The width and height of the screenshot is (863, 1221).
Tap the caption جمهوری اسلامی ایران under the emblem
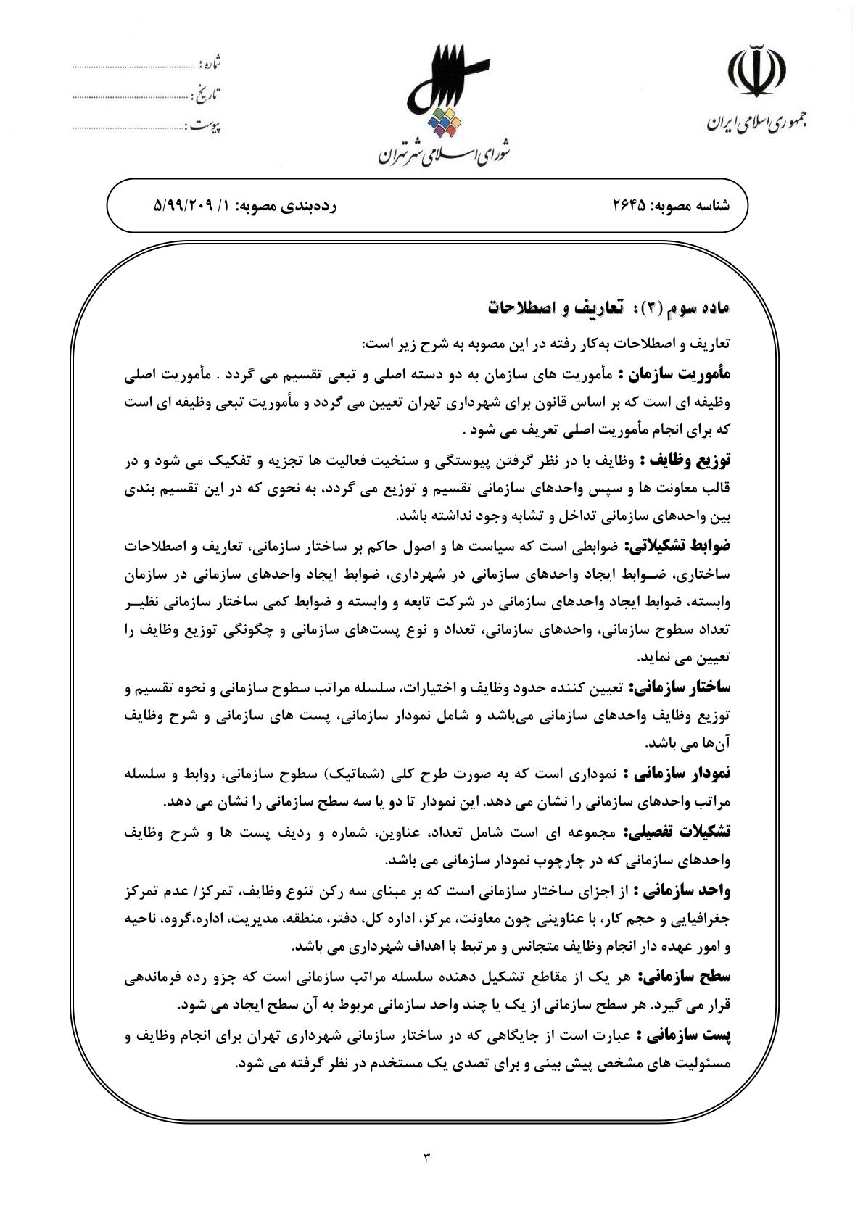coord(759,122)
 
